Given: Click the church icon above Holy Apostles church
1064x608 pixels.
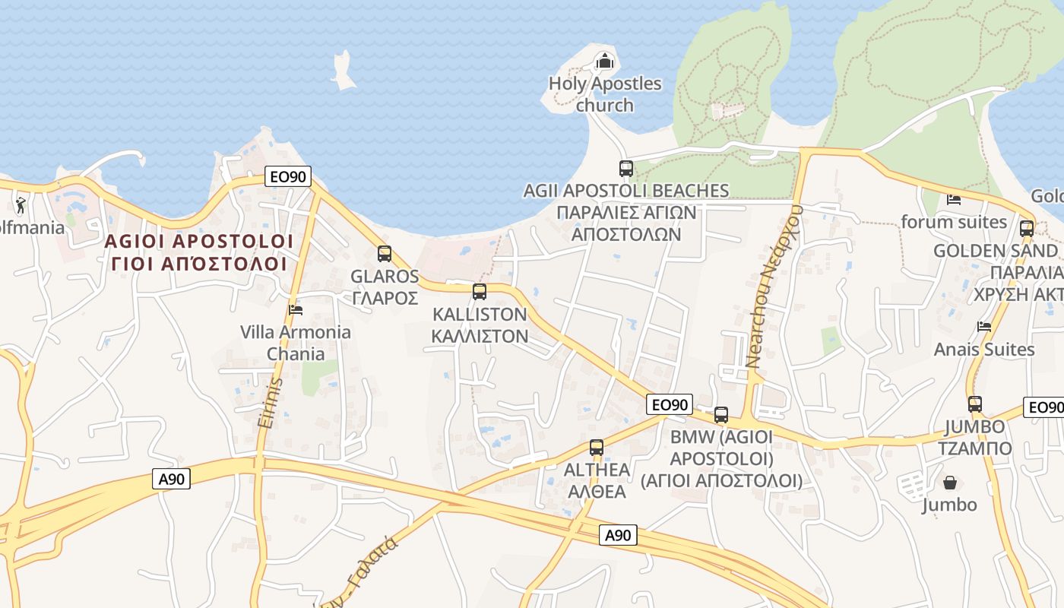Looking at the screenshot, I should pos(604,61).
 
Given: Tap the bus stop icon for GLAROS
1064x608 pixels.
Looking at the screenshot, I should pos(385,254).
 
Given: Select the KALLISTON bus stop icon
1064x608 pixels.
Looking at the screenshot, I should pos(480,292).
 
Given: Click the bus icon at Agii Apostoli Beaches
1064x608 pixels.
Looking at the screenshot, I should pos(625,169).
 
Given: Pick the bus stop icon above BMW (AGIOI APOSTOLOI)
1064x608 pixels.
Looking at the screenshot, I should pos(721,415).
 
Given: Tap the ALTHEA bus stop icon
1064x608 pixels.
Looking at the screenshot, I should pos(597,448).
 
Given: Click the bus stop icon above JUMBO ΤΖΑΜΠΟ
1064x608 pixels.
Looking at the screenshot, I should pos(975,404).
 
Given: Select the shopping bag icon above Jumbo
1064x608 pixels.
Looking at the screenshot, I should pos(950,483).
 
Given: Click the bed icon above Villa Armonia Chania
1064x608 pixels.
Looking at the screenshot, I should pos(296,309).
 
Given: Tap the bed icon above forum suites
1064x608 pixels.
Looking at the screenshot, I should pos(954,200).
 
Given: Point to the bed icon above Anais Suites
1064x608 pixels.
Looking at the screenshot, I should pos(984,327).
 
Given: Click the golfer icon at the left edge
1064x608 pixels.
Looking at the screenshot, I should pos(21,205).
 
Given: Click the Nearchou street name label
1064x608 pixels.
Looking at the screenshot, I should pos(775,286).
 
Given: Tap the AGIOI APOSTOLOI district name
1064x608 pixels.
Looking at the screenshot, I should pos(198,242).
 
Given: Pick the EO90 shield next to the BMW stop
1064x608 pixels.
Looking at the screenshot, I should pos(670,405).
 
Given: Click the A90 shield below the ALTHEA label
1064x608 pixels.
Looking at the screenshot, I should pos(617,535).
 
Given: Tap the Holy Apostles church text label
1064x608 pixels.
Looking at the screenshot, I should pos(605,94).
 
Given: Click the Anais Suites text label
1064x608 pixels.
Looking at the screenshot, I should pos(984,350).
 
